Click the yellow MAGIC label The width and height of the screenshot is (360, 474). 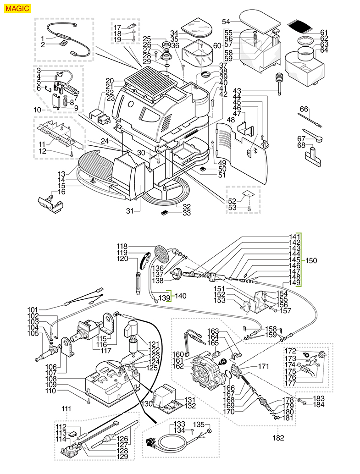click(18, 8)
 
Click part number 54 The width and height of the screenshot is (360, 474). click(226, 22)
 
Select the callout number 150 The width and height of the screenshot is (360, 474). click(311, 260)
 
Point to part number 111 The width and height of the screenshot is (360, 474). click(67, 408)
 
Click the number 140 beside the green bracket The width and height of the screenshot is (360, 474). click(181, 296)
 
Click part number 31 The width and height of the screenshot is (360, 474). click(131, 211)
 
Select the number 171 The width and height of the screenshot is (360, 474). click(263, 366)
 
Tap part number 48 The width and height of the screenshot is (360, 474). click(230, 120)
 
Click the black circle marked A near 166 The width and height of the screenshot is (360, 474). click(224, 362)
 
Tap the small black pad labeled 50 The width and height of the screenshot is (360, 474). click(202, 168)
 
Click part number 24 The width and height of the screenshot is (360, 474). click(105, 141)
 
